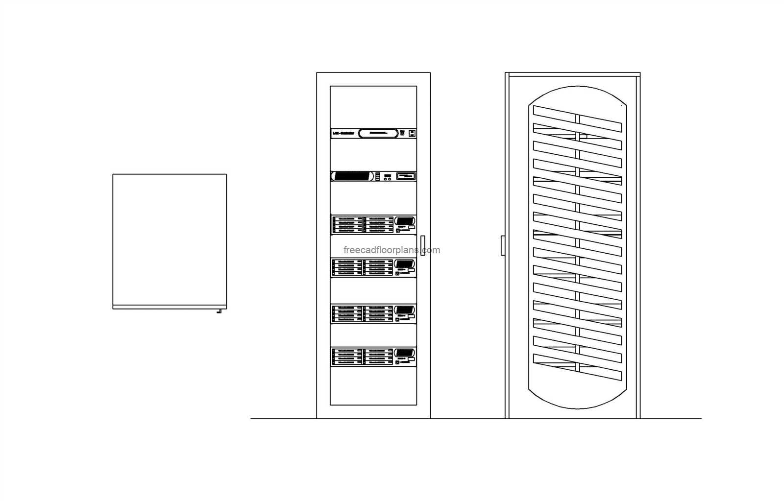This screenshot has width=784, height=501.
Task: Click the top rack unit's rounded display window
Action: coord(378,133)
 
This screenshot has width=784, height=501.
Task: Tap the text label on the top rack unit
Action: coord(343,133)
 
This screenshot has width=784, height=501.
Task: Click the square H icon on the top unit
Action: coord(412,133)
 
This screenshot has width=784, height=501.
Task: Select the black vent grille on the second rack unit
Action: coord(352,176)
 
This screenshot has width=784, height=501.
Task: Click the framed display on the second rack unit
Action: coord(406,176)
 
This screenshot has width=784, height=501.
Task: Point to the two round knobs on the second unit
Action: coord(387,179)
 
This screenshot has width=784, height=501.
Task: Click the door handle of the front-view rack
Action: coord(422,245)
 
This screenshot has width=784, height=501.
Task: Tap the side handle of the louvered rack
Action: coord(503,245)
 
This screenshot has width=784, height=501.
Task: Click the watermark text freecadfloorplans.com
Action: coord(392,250)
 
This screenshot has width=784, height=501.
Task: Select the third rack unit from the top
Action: coord(373,225)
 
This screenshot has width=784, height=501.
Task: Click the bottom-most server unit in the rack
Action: coord(373,357)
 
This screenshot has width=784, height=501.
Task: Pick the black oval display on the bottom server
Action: coord(405,353)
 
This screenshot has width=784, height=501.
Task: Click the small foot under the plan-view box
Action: coord(219,311)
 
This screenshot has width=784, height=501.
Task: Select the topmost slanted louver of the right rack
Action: coord(577,119)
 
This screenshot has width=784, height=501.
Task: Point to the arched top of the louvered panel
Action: coord(577,93)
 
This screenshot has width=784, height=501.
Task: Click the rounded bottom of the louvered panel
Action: coord(577,399)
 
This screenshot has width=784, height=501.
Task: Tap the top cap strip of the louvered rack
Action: coord(572,74)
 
